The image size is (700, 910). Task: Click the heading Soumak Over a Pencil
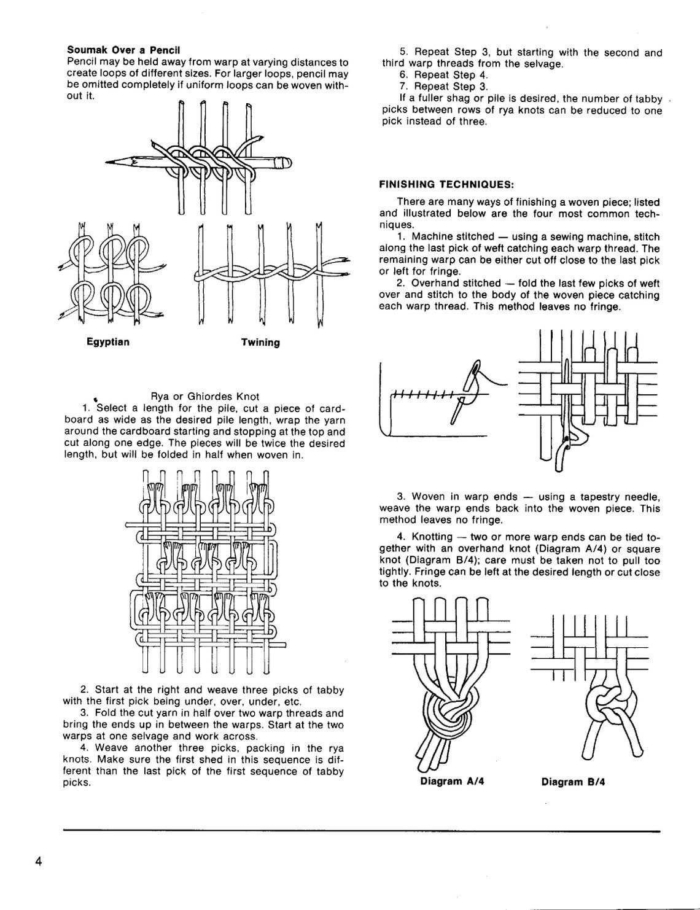[123, 50]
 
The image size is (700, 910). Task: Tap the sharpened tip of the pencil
[106, 162]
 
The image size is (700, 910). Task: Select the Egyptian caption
[108, 342]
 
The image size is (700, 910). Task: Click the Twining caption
[260, 343]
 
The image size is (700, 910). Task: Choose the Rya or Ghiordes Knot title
[204, 396]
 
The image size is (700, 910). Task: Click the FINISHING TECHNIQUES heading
[446, 185]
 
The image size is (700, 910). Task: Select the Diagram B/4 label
[573, 782]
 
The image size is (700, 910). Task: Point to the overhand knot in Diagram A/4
[450, 710]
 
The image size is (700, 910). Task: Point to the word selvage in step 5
[543, 64]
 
